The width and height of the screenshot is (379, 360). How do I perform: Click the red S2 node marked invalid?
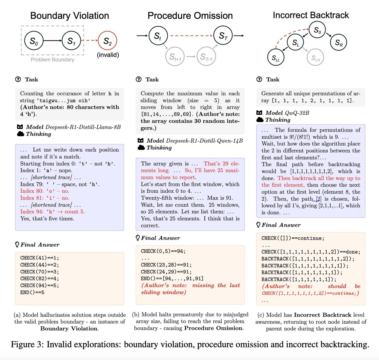click(x=107, y=41)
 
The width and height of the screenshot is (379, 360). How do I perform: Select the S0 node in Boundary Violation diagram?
click(x=34, y=41)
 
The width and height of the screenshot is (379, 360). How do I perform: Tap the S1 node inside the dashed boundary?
click(x=71, y=41)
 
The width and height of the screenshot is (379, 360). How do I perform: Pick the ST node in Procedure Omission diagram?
click(x=223, y=36)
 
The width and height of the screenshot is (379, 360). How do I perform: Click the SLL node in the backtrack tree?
click(x=276, y=58)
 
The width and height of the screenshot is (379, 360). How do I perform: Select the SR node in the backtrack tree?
click(x=338, y=42)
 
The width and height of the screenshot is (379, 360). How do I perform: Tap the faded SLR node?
click(x=315, y=57)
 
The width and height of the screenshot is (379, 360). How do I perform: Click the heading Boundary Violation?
click(x=69, y=16)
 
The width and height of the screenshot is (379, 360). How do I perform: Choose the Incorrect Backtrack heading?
click(x=311, y=15)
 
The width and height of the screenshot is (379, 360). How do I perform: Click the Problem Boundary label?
click(x=52, y=60)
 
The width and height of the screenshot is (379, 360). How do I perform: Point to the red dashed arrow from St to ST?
click(x=191, y=36)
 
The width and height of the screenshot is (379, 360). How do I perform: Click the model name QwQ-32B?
click(x=297, y=113)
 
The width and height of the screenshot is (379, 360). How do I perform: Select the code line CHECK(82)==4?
click(x=39, y=278)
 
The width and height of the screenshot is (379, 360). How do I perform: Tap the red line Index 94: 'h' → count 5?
click(x=52, y=212)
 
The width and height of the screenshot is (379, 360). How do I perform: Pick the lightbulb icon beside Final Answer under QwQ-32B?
click(x=259, y=225)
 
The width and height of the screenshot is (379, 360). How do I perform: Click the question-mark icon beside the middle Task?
click(x=139, y=79)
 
